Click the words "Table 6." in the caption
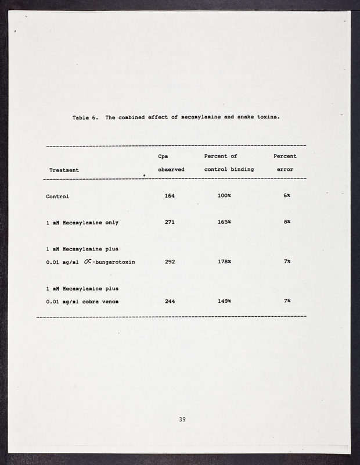coord(85,117)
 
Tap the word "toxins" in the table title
coord(267,117)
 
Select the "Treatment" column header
coord(64,170)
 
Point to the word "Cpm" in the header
coord(164,156)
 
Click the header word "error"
coord(285,169)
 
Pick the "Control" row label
coord(57,196)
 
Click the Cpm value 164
coord(170,196)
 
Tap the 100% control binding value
coord(224,196)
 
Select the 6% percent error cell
coord(287,196)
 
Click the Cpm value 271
coord(170,222)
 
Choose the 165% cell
coord(224,222)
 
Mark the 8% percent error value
coord(287,222)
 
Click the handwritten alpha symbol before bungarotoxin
coord(88,261)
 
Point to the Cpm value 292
coord(170,262)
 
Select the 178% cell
coord(224,262)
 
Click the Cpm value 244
coord(170,301)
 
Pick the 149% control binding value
coord(224,301)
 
